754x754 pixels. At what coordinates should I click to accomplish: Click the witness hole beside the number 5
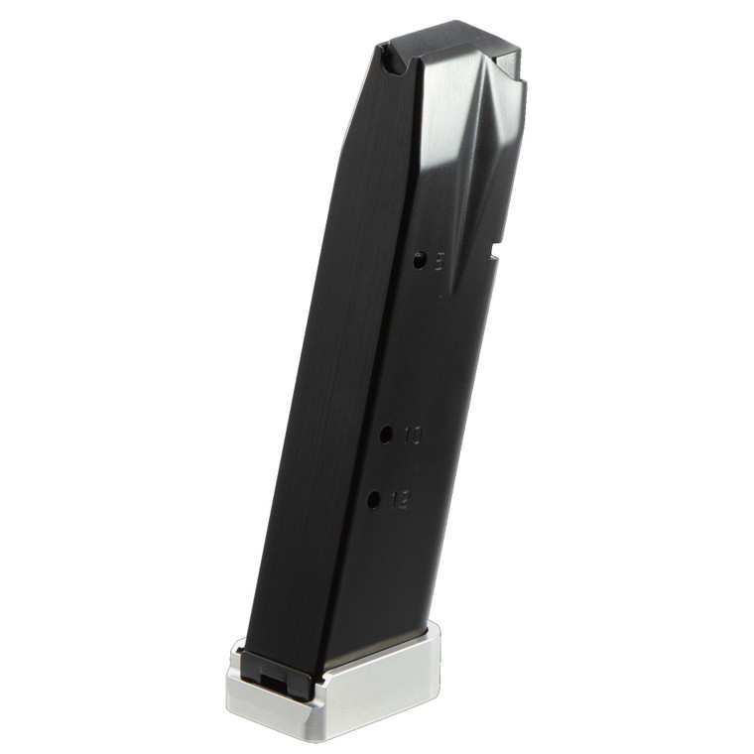(420, 261)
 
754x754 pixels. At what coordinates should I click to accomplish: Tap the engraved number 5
(440, 260)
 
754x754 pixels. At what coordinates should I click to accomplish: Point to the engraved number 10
(413, 435)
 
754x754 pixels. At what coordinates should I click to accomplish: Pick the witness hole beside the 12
(373, 500)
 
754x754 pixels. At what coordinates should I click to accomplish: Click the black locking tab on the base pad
(269, 670)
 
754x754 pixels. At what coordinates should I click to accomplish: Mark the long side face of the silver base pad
(377, 685)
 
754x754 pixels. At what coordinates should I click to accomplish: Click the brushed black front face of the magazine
(317, 397)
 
